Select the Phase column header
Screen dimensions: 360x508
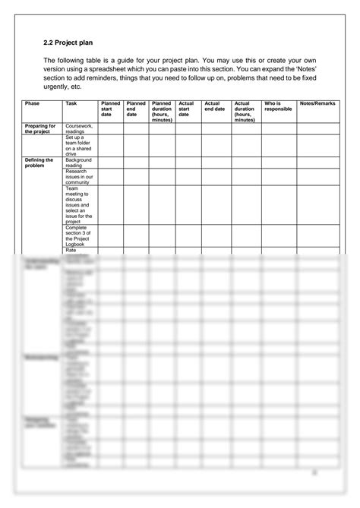pyautogui.click(x=32, y=103)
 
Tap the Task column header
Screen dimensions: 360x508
pyautogui.click(x=71, y=103)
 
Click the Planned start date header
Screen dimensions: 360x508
pyautogui.click(x=111, y=109)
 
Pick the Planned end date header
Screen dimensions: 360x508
pyautogui.click(x=136, y=109)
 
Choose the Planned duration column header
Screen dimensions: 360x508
pyautogui.click(x=162, y=111)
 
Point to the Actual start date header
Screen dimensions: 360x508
pyautogui.click(x=186, y=109)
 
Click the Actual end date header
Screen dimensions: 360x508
pyautogui.click(x=215, y=106)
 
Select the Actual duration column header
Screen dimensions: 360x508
pyautogui.click(x=246, y=111)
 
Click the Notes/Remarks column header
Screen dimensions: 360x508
pyautogui.click(x=317, y=103)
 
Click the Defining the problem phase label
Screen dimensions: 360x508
pyautogui.click(x=39, y=162)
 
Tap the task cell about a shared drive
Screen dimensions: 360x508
pyautogui.click(x=79, y=145)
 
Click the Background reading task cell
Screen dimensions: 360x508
pyautogui.click(x=79, y=162)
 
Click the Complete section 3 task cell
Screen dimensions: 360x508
pyautogui.click(x=79, y=235)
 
